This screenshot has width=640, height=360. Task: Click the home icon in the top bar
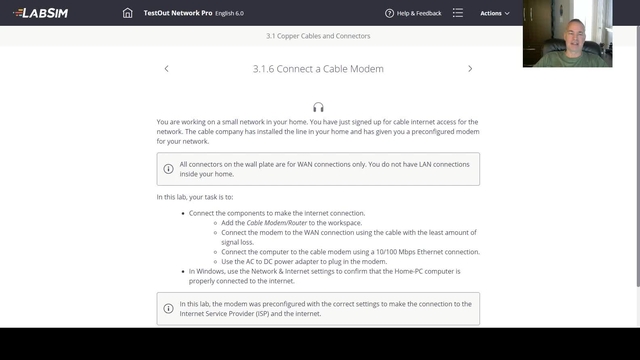(x=127, y=13)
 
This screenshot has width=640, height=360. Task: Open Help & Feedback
(x=414, y=13)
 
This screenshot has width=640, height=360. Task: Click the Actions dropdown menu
(x=494, y=13)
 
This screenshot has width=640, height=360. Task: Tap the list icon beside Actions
(x=457, y=13)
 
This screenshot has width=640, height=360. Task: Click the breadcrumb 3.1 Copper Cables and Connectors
(x=318, y=36)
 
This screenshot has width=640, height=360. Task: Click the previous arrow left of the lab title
(x=166, y=69)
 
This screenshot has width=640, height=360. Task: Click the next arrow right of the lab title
(x=470, y=69)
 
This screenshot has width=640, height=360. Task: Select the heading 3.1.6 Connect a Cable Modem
(x=318, y=69)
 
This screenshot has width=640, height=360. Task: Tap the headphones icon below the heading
(x=318, y=106)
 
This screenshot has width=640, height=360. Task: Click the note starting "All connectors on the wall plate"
(x=318, y=169)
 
